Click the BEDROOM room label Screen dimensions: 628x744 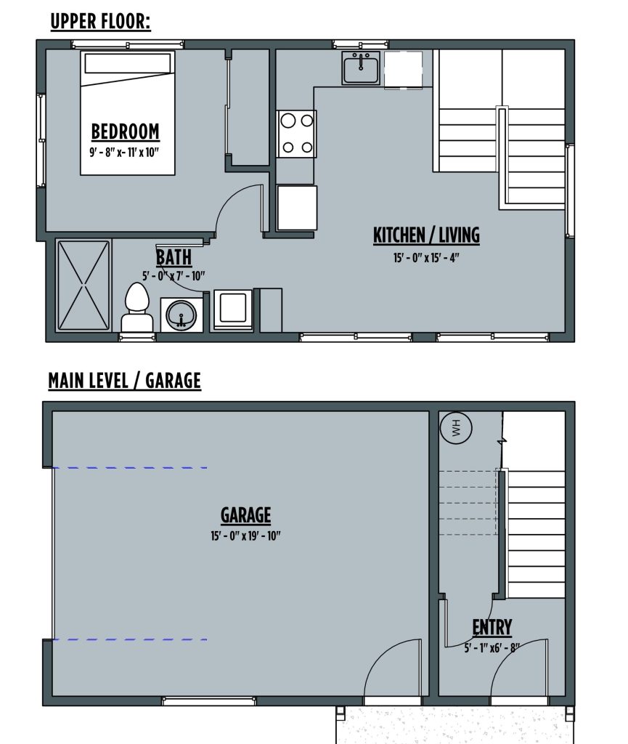(x=125, y=132)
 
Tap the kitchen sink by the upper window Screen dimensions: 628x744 (x=361, y=68)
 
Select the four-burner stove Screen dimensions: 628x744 (x=297, y=134)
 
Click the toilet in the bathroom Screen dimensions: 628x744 (x=137, y=307)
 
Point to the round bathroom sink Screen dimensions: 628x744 (x=182, y=315)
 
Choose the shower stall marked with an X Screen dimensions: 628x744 (x=83, y=285)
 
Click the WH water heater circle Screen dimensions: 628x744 (x=456, y=428)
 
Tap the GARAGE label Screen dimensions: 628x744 (x=245, y=515)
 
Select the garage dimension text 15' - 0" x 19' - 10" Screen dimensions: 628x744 (x=245, y=536)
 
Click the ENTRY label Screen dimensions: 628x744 (x=492, y=627)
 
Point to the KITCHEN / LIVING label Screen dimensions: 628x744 (x=426, y=235)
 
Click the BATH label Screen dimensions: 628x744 (x=174, y=257)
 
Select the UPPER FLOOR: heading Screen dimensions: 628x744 (x=100, y=22)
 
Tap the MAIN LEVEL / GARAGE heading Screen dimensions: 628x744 (x=125, y=381)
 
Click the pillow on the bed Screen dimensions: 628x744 (x=127, y=63)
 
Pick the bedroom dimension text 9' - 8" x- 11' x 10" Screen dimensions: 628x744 (x=124, y=153)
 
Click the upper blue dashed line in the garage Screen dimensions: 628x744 (x=129, y=468)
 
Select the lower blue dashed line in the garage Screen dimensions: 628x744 (x=129, y=639)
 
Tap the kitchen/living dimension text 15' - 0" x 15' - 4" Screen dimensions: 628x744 (x=426, y=258)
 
